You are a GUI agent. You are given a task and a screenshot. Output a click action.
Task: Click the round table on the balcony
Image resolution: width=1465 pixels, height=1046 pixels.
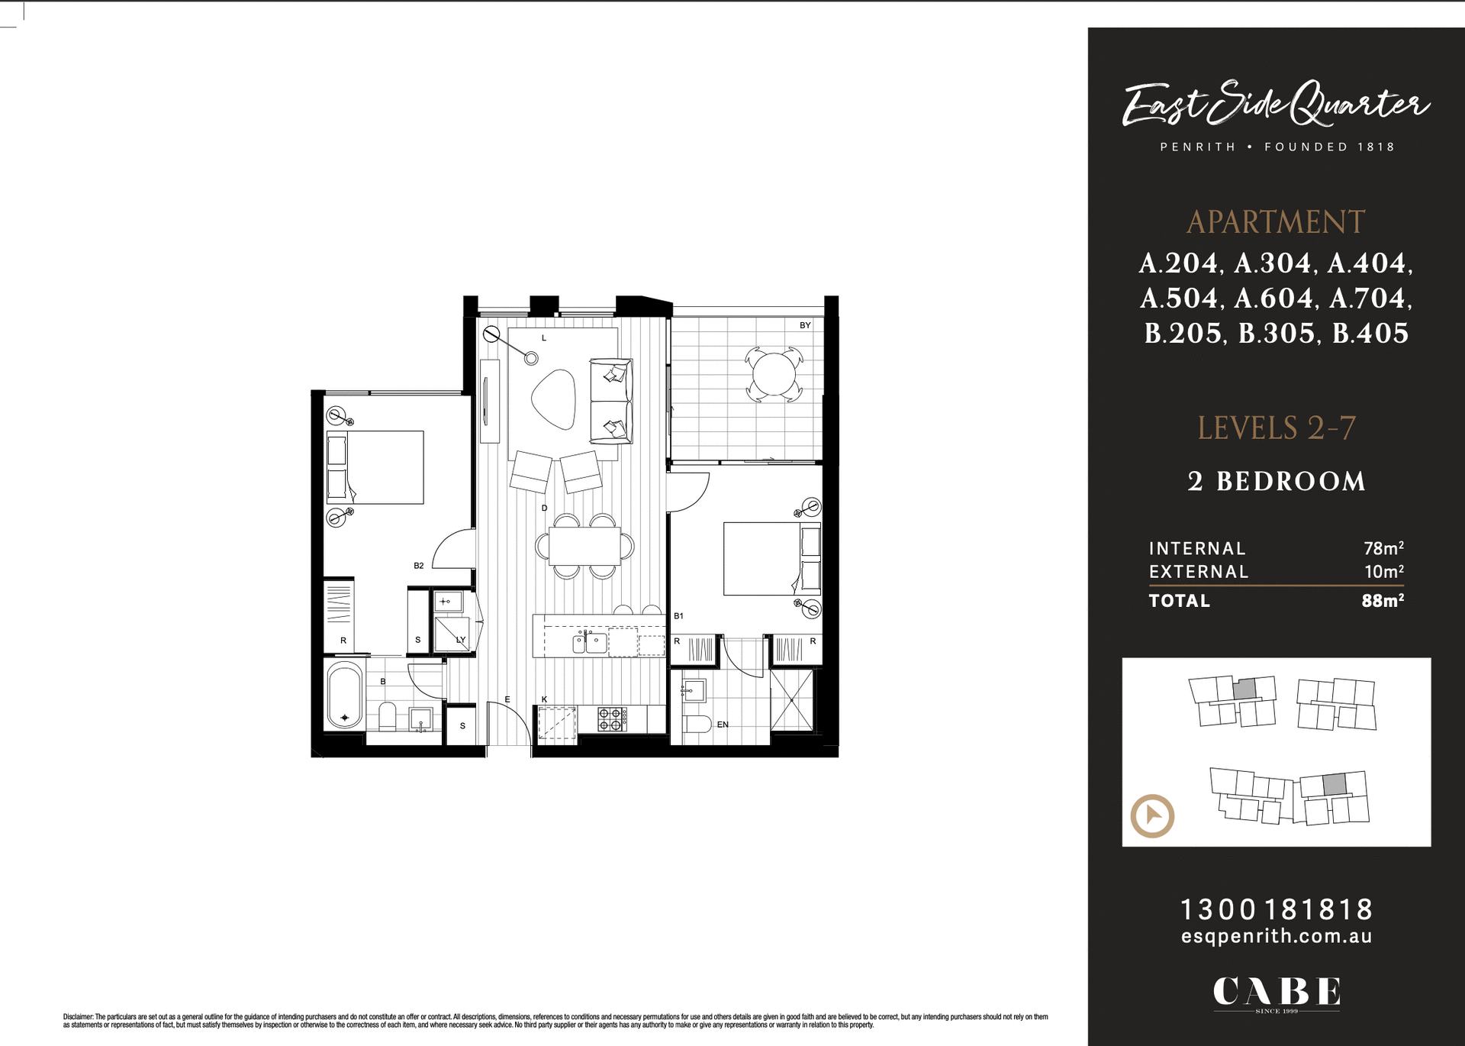point(774,374)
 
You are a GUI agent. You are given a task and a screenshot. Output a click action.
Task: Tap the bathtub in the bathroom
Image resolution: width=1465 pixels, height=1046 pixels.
point(345,695)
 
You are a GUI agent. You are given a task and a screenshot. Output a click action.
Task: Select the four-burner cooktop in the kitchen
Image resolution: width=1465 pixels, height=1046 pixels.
point(612,718)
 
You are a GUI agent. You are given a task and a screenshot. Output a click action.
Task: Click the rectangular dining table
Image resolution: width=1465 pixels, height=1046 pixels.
point(584,545)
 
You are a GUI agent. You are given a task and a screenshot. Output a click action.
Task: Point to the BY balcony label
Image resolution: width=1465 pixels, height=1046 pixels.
point(805,325)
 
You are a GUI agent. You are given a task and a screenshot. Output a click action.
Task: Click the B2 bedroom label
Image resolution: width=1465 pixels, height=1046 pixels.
point(419,566)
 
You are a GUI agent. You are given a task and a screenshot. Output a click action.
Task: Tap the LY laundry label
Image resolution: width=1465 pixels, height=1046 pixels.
point(461,640)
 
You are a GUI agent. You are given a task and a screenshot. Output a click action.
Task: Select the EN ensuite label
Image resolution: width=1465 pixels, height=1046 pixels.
point(723,725)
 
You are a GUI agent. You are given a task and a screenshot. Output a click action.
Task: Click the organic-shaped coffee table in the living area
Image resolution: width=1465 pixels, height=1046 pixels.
point(554,399)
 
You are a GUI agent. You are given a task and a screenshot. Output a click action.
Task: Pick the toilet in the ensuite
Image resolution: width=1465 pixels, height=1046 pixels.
point(697,724)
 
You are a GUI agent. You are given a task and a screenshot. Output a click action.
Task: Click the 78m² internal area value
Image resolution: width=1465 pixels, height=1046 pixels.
point(1383,548)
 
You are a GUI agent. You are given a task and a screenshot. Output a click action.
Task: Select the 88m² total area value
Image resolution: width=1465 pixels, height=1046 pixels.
point(1383,600)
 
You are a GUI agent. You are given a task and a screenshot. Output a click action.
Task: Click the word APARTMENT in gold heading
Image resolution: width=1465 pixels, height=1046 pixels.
point(1276,222)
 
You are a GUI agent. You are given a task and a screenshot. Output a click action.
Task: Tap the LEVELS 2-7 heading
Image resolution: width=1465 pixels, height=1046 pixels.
point(1276,428)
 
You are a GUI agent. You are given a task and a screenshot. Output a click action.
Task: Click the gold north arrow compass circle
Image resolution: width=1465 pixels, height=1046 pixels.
point(1152,815)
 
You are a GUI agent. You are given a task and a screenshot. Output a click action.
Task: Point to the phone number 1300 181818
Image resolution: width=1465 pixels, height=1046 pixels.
point(1277,909)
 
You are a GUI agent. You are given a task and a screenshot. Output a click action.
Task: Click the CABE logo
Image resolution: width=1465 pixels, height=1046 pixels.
point(1277,992)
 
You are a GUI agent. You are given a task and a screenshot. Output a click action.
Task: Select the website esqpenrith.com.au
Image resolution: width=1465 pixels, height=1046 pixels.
point(1277,936)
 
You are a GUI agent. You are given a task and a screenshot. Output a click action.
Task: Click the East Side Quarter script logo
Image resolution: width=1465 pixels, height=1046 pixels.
point(1276,105)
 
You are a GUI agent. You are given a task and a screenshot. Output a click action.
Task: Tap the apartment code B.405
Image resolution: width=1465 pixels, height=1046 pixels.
point(1370,334)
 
